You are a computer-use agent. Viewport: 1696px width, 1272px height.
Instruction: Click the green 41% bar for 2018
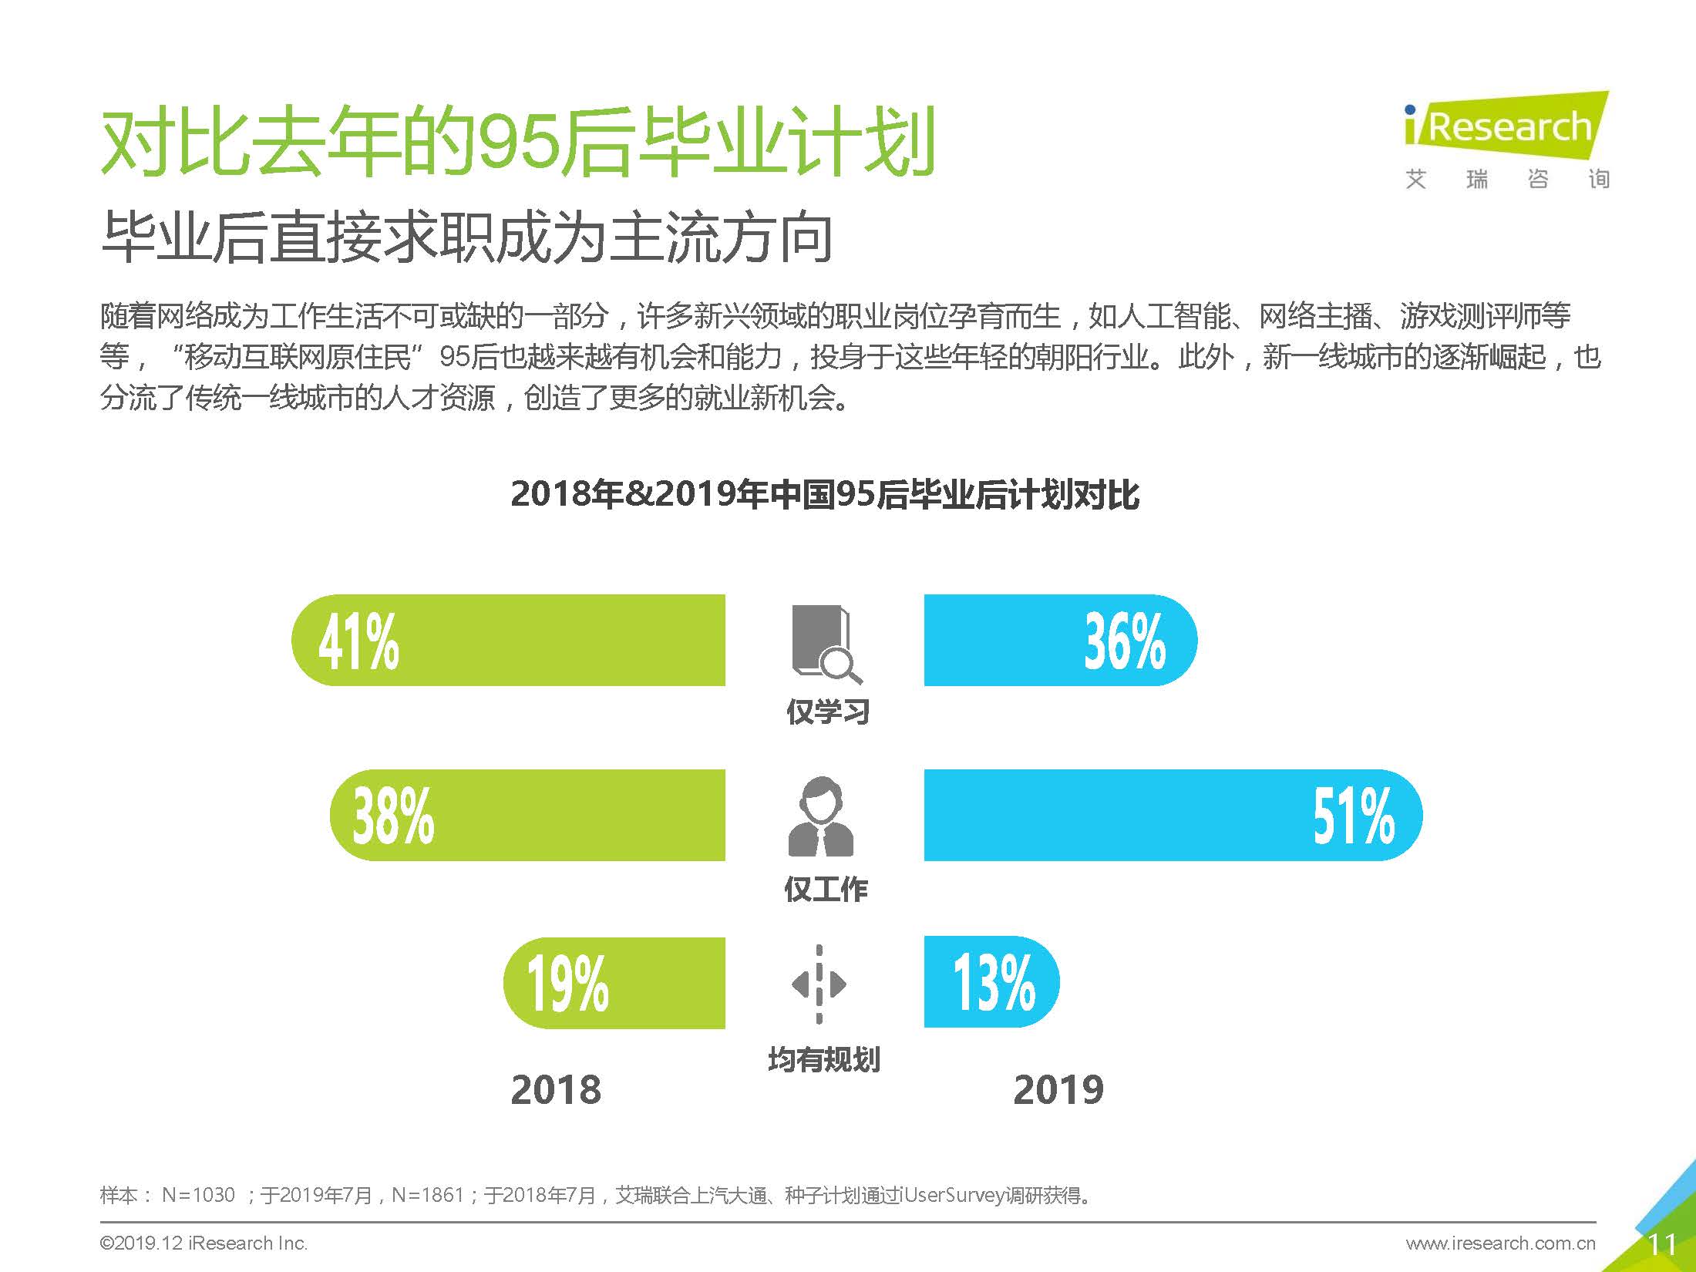(509, 640)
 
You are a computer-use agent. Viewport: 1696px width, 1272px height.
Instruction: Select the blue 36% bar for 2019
(1060, 640)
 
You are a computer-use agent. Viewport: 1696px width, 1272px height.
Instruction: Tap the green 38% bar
(528, 815)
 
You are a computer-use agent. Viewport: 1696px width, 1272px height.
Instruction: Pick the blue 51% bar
(1172, 815)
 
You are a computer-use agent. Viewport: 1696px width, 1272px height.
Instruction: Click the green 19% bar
(614, 983)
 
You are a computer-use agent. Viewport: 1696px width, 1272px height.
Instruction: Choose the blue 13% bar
(991, 982)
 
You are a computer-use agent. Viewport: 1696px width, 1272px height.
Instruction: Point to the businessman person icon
(820, 816)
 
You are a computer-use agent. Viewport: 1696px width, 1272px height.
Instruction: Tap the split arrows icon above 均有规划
(819, 984)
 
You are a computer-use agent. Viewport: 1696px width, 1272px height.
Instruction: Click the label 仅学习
(828, 712)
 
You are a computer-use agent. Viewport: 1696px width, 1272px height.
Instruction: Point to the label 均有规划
(824, 1060)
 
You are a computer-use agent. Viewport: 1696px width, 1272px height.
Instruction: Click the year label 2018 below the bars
(556, 1090)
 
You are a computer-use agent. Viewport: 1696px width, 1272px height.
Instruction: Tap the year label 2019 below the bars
(1058, 1090)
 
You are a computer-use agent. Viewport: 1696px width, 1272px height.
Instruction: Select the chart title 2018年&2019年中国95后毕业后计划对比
(824, 494)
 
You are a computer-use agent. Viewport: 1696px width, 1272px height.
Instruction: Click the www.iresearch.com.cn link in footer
(1500, 1243)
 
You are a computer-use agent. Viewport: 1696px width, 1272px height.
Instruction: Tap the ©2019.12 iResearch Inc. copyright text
(204, 1243)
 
